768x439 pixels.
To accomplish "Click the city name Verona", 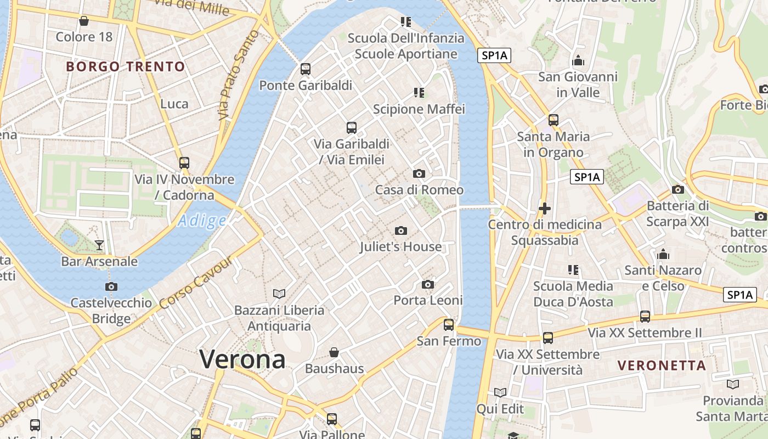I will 242,359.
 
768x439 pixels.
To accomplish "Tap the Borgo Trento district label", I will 126,67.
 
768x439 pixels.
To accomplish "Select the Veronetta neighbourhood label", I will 662,365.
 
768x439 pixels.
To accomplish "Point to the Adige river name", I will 202,221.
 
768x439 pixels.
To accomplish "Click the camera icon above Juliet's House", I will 401,231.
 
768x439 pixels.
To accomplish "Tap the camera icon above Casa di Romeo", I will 419,174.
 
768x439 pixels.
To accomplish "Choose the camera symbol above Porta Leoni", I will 428,284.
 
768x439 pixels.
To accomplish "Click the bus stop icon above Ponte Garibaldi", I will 306,69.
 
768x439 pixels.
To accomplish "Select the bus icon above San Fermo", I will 449,325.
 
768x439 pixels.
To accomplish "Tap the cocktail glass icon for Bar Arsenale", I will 99,245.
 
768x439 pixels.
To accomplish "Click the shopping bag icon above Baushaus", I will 334,352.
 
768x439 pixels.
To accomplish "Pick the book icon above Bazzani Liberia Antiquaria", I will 279,294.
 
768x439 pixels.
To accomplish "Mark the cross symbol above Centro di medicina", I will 545,209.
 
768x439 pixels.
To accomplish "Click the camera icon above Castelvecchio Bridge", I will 111,286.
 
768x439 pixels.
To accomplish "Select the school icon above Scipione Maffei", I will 419,93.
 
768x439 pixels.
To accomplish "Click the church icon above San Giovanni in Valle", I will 578,61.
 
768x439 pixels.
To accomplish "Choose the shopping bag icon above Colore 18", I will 84,21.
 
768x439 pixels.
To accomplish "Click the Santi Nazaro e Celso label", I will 663,278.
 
